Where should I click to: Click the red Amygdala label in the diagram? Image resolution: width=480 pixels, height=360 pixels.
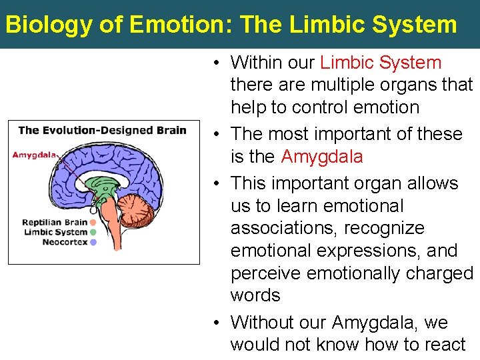pyautogui.click(x=33, y=155)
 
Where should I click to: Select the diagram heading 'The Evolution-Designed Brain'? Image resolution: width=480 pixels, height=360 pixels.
pyautogui.click(x=102, y=130)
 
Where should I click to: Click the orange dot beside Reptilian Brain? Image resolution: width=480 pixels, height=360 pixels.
pyautogui.click(x=93, y=223)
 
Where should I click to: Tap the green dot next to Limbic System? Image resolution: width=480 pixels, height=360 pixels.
pyautogui.click(x=93, y=232)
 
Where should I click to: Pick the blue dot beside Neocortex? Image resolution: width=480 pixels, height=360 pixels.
pyautogui.click(x=93, y=242)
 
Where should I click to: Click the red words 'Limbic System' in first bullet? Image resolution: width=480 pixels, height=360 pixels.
pyautogui.click(x=381, y=63)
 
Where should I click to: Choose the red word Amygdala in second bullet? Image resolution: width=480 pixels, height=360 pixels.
pyautogui.click(x=322, y=157)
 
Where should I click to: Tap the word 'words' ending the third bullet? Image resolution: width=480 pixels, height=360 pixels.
pyautogui.click(x=255, y=295)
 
